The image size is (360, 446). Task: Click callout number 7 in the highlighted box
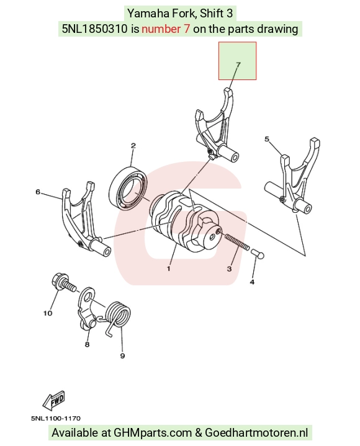(238, 65)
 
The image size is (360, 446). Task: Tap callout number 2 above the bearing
(133, 146)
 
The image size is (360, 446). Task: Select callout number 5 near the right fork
(267, 139)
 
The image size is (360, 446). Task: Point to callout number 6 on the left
(38, 192)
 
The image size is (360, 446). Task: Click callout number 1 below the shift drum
(168, 268)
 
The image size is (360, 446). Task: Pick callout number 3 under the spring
(230, 269)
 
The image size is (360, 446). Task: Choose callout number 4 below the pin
(252, 282)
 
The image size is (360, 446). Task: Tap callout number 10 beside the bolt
(48, 313)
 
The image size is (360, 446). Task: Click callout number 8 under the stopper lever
(87, 344)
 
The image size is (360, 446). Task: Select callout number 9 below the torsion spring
(122, 356)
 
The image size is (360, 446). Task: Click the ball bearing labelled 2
(128, 188)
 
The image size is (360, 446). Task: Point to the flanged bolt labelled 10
(64, 282)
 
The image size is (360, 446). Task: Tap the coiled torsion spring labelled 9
(117, 316)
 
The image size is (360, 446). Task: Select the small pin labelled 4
(257, 254)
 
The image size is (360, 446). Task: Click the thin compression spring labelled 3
(237, 242)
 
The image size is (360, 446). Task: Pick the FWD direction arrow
(54, 400)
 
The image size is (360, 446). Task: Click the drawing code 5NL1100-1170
(56, 419)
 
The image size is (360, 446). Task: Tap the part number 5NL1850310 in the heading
(95, 29)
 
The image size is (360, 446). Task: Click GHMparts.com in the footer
(153, 433)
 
